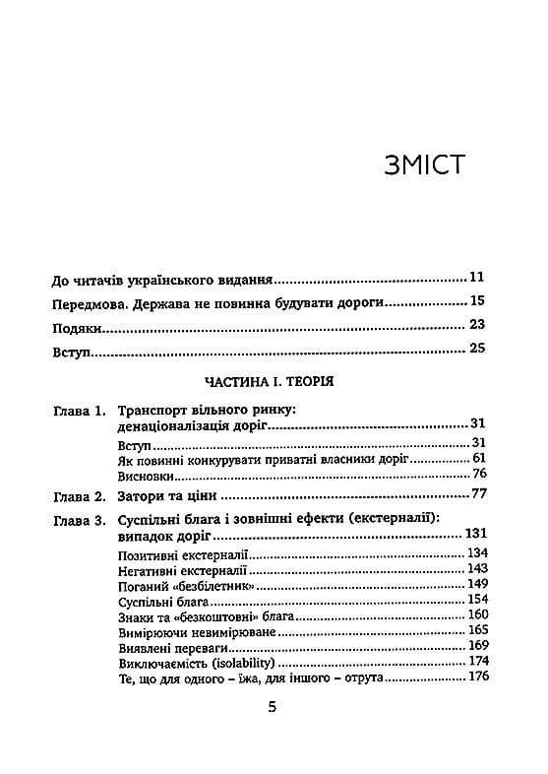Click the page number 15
479,302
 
